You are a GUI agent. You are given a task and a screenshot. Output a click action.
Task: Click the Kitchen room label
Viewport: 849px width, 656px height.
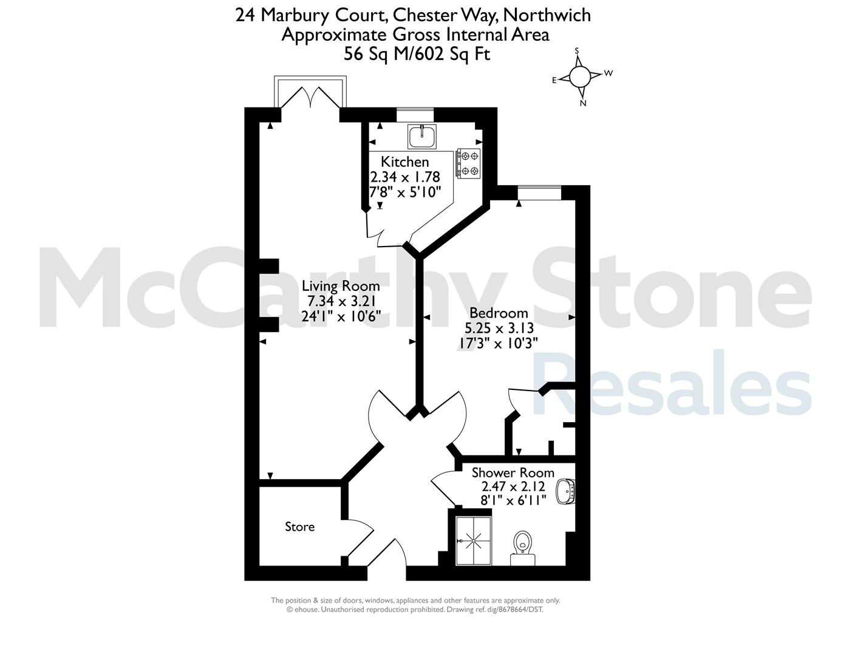(405, 162)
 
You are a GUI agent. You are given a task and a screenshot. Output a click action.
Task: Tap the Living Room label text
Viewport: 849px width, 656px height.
(341, 286)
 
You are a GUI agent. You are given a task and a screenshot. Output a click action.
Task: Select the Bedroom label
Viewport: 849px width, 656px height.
(499, 313)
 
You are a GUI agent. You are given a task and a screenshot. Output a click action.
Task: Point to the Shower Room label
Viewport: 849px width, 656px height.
(513, 473)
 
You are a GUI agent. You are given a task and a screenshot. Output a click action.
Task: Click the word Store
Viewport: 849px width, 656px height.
(299, 527)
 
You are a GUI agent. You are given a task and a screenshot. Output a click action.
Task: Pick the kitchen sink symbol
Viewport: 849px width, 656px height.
(422, 136)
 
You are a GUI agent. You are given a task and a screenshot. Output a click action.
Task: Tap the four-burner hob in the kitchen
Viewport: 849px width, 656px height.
(468, 163)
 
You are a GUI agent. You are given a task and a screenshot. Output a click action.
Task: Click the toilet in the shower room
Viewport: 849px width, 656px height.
(523, 548)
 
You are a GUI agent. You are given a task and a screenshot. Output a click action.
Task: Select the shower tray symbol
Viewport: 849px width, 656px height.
(474, 541)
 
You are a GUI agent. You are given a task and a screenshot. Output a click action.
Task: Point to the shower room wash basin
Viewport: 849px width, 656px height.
(565, 491)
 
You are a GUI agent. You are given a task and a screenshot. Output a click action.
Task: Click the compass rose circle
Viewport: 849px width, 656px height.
(580, 77)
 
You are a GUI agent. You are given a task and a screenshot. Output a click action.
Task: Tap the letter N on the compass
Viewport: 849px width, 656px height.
(584, 103)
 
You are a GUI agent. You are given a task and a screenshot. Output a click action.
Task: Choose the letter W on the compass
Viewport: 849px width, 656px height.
(609, 73)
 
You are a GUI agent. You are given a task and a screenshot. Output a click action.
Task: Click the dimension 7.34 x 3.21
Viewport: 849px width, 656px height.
(341, 301)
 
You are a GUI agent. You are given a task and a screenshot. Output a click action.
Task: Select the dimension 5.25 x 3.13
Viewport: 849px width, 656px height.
(499, 328)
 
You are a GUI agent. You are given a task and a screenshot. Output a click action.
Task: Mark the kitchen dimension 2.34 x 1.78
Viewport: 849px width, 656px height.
(405, 177)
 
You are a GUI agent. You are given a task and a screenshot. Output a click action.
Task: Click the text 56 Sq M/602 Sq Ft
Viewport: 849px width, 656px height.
(417, 53)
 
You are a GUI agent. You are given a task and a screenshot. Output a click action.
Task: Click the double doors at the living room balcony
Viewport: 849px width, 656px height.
(310, 97)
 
